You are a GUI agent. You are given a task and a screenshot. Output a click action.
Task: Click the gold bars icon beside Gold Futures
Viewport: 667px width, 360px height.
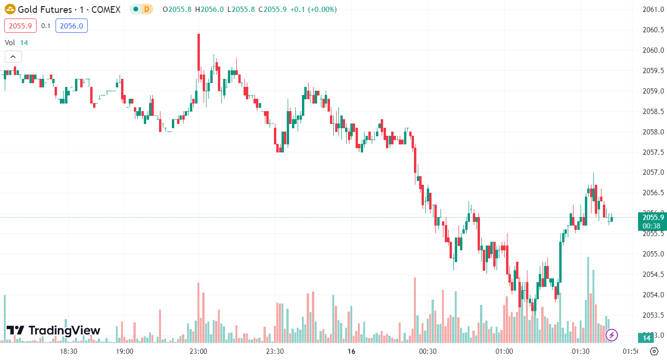[x=10, y=9]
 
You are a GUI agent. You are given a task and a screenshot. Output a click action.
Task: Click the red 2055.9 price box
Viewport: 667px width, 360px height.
[x=20, y=26]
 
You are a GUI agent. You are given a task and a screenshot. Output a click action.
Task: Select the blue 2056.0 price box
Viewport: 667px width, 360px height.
[x=72, y=26]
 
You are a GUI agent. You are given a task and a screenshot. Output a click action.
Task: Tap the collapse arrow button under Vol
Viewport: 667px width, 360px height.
[x=13, y=57]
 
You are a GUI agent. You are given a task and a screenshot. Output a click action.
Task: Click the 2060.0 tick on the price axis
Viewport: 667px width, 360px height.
[x=652, y=50]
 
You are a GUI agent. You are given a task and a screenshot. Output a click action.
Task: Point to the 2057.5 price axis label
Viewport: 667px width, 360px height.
[x=652, y=152]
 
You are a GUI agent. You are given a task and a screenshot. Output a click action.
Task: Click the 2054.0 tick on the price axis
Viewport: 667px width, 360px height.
[x=652, y=294]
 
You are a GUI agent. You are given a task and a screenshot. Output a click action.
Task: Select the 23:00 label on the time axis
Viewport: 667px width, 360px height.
[x=198, y=351]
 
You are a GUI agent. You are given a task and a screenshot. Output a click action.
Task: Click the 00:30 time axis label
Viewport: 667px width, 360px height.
[x=428, y=351]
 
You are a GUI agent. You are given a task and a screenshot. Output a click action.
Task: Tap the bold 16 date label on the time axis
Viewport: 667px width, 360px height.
[x=351, y=351]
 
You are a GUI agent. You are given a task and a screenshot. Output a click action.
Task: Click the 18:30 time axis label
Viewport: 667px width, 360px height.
[x=69, y=351]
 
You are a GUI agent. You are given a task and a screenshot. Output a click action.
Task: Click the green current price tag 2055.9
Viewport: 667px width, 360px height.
[x=652, y=218]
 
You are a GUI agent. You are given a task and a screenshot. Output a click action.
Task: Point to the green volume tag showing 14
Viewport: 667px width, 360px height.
[x=646, y=338]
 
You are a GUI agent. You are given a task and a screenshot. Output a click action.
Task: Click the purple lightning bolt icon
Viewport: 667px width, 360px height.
[x=612, y=335]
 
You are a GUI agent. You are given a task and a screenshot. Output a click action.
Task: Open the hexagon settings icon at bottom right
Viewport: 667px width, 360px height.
[x=654, y=351]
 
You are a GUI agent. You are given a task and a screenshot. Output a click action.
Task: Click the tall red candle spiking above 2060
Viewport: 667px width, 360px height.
[x=198, y=52]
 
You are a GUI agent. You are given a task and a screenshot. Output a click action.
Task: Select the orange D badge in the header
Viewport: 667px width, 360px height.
[x=147, y=9]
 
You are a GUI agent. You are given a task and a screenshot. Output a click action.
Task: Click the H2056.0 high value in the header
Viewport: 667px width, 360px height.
[x=208, y=9]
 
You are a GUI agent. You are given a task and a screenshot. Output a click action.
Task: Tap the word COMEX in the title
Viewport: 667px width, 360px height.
[x=105, y=9]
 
